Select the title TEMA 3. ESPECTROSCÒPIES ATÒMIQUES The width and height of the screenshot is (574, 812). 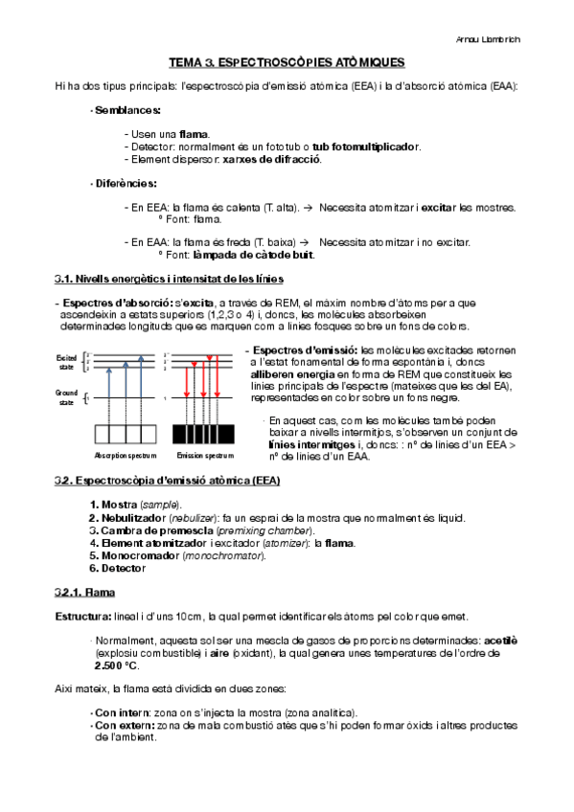click(287, 62)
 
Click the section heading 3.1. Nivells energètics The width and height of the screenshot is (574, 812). click(169, 279)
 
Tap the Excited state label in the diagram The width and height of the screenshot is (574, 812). click(66, 361)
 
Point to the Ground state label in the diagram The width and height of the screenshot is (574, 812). click(66, 397)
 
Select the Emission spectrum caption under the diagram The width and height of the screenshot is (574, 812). click(204, 456)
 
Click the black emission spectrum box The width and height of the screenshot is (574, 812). click(204, 434)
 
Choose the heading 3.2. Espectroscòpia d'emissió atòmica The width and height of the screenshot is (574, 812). click(168, 481)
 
